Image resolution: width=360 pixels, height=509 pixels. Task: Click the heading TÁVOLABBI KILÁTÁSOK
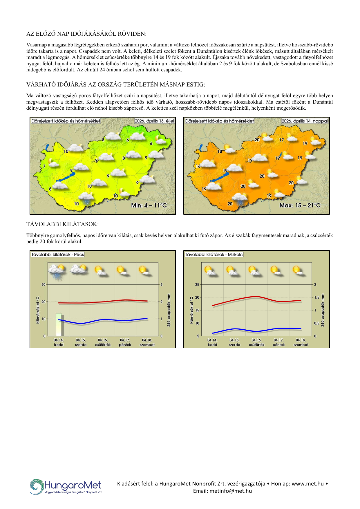tap(62, 224)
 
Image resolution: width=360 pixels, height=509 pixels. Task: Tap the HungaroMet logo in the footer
tap(66, 487)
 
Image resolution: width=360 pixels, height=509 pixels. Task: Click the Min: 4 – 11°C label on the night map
tap(149, 205)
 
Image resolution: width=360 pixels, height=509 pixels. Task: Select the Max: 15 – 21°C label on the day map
tap(300, 205)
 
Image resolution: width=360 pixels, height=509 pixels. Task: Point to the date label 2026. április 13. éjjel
tap(154, 121)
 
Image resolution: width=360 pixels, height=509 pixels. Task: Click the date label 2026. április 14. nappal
tap(305, 121)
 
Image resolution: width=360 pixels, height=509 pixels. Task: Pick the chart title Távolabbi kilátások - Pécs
tap(57, 255)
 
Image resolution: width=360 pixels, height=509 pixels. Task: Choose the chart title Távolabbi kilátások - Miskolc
tap(214, 255)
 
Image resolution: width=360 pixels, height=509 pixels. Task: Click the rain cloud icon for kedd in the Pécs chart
tap(57, 271)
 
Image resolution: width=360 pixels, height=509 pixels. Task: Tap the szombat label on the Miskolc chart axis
tap(301, 345)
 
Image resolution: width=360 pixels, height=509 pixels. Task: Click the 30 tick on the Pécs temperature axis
tap(44, 284)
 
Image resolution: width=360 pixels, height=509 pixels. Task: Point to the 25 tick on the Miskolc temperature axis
tap(197, 284)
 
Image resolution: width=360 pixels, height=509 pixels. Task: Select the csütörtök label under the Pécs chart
tap(103, 345)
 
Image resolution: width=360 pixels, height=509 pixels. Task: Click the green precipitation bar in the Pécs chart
tap(59, 324)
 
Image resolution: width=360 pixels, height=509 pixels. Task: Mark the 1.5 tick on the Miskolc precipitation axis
tap(317, 297)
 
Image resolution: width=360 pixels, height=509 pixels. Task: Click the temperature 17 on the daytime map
tap(281, 140)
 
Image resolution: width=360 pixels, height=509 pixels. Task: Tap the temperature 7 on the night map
tap(44, 166)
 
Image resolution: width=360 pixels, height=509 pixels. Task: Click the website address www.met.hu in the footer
tap(307, 484)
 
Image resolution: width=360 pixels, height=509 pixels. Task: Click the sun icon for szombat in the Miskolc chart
tap(298, 270)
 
